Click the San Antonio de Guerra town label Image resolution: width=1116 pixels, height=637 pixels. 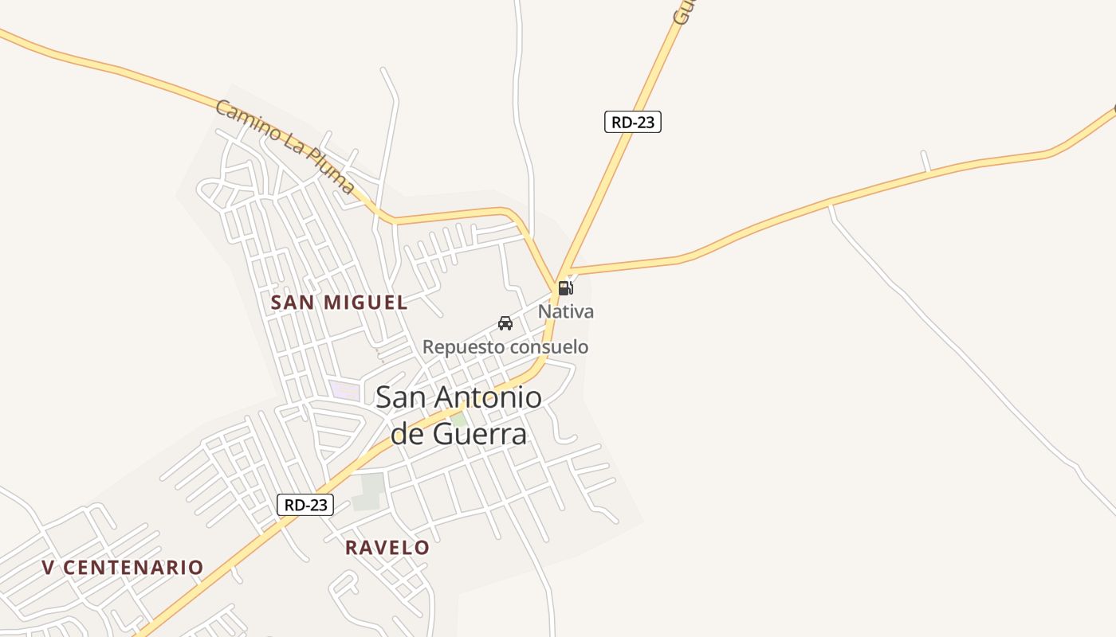(x=459, y=415)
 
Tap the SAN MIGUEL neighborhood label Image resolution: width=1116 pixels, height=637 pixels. (x=339, y=303)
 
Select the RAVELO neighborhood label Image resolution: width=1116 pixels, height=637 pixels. (x=387, y=548)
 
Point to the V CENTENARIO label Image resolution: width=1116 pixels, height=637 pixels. (x=123, y=568)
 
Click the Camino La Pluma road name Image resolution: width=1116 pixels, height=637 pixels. (x=285, y=147)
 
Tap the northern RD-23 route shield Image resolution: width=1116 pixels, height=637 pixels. (x=633, y=122)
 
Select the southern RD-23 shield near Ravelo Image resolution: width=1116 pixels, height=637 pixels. (x=305, y=505)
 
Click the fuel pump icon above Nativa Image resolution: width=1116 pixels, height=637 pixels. (x=565, y=287)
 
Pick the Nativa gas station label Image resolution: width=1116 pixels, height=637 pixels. (x=566, y=311)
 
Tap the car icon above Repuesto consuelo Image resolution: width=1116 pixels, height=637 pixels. (x=505, y=322)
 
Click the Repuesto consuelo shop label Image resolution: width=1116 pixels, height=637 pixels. (x=505, y=347)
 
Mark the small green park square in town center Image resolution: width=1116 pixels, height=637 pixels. (x=458, y=419)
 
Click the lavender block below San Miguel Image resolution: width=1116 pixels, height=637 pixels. (x=344, y=390)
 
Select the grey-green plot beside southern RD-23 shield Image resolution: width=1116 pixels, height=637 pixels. (x=368, y=491)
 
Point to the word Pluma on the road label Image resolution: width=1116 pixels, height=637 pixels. (x=330, y=176)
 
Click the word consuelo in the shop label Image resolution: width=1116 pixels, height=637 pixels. (x=548, y=347)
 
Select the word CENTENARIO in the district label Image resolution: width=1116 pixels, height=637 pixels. (x=133, y=568)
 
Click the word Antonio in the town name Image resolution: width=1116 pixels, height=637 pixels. (x=491, y=397)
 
